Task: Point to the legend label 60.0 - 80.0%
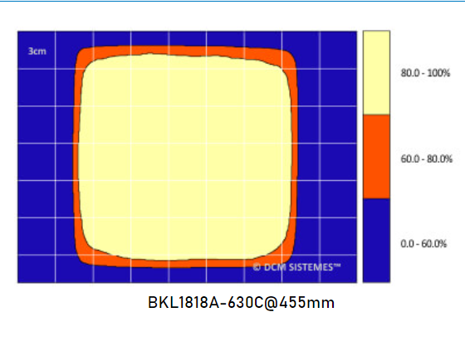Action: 427,158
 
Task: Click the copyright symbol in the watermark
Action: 257,267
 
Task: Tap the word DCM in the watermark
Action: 275,267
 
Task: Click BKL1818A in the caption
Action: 178,303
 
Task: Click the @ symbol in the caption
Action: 268,303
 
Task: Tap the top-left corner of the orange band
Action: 81,55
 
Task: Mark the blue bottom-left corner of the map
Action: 25,276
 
